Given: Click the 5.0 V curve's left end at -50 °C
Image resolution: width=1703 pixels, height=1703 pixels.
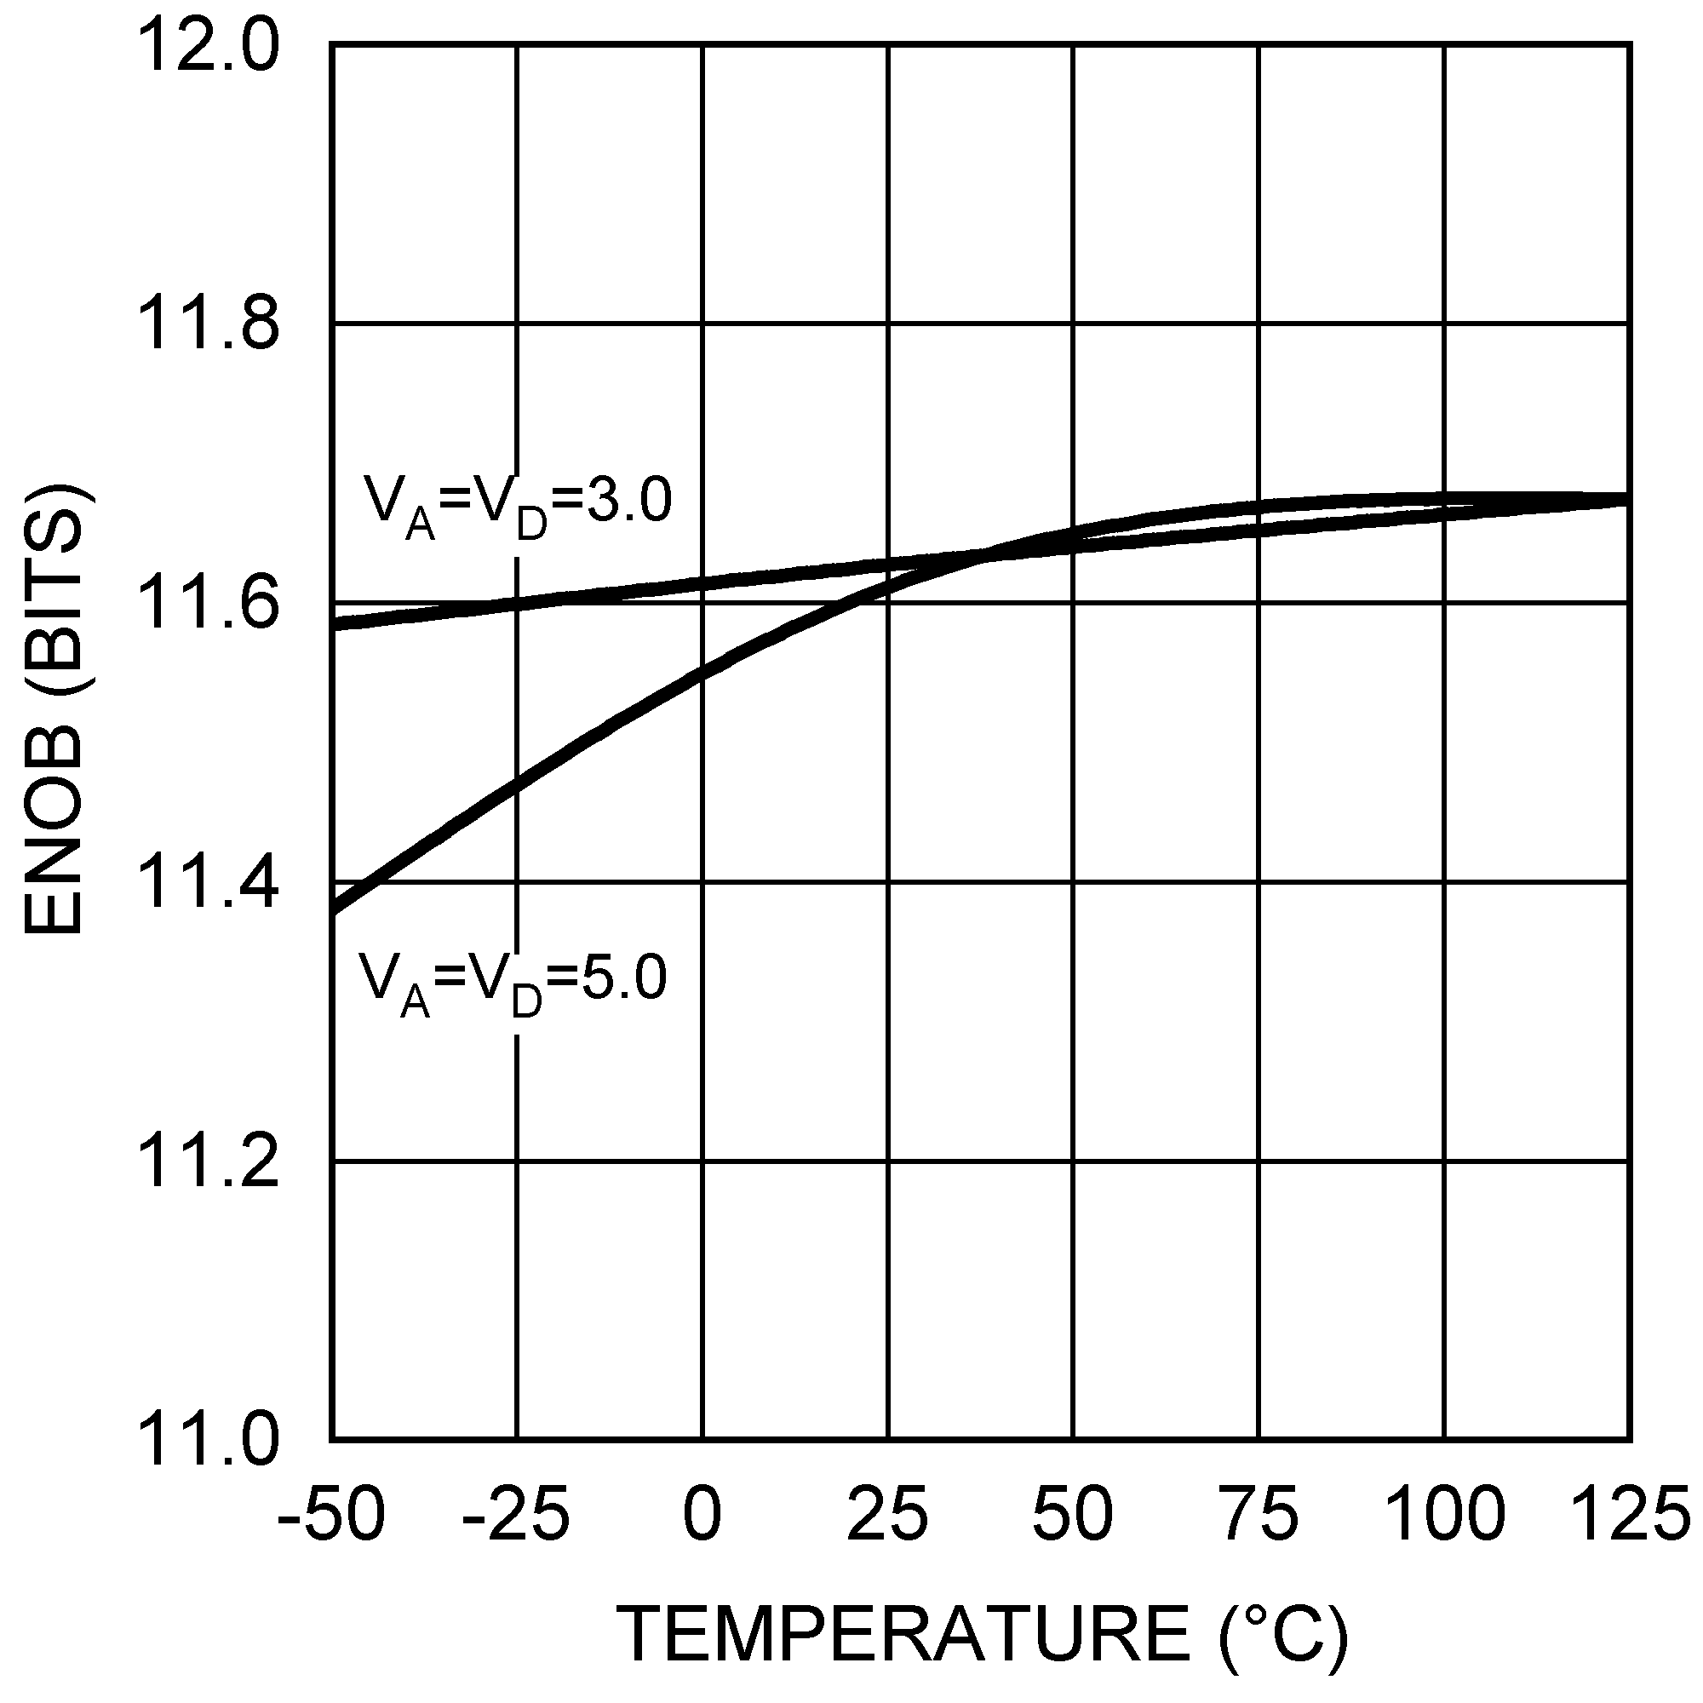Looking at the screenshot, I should pyautogui.click(x=335, y=909).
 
